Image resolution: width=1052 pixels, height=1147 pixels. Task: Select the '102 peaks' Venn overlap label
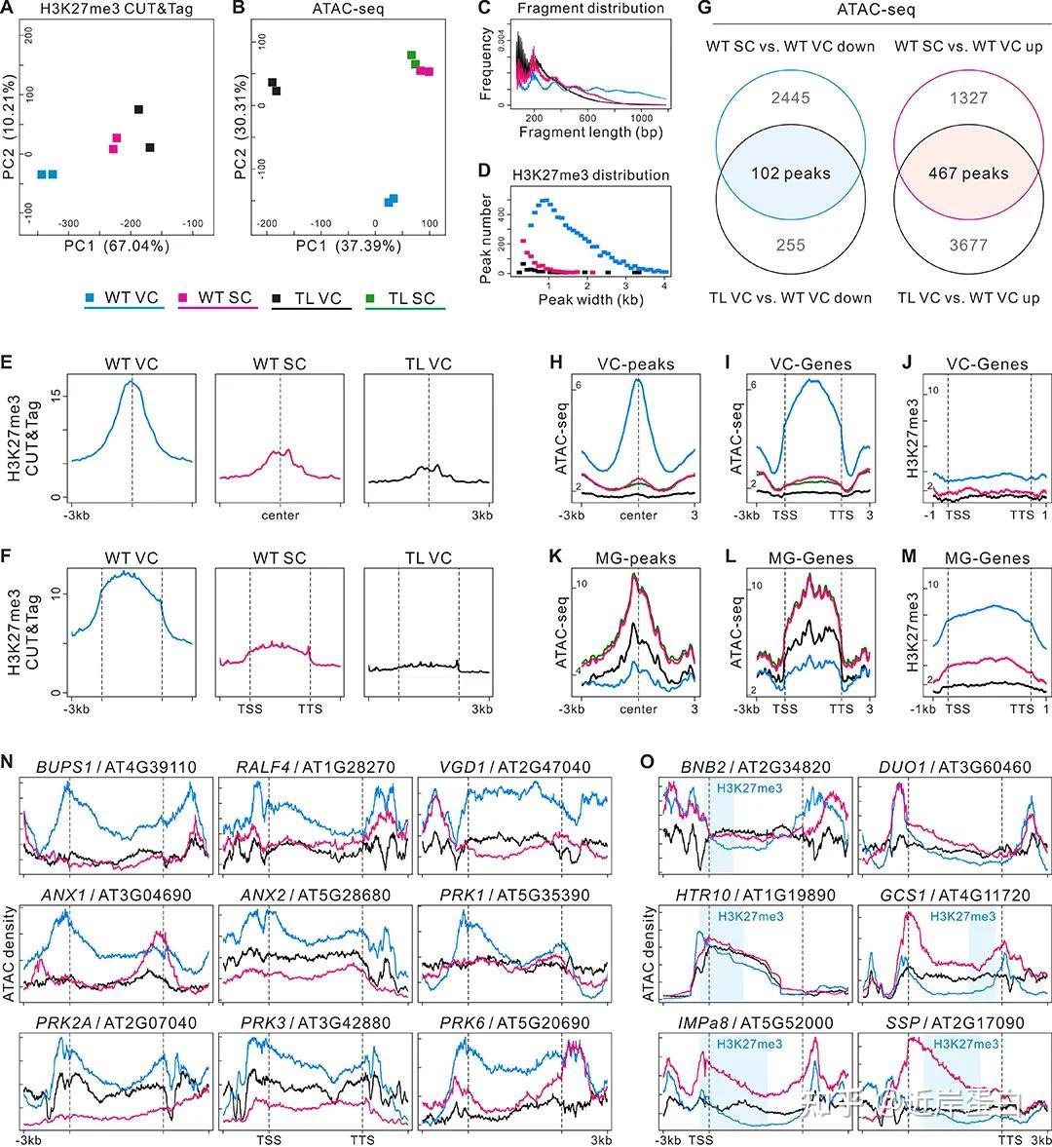point(791,173)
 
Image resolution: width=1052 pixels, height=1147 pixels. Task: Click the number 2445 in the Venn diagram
point(790,99)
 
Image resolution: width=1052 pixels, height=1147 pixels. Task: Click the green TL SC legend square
point(371,296)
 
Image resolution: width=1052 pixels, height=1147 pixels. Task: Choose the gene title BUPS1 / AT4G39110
point(115,767)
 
